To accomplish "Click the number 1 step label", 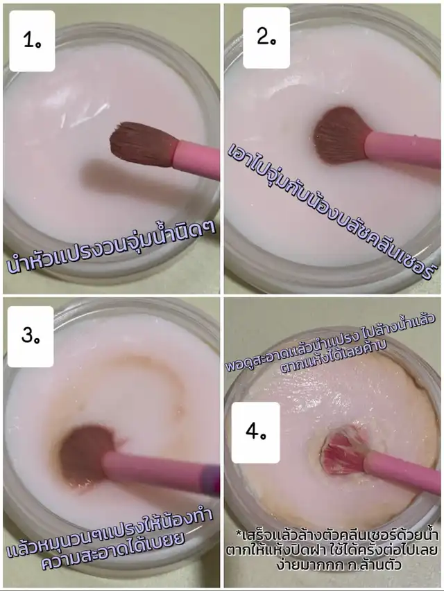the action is tap(32, 41).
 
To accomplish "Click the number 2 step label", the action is tap(266, 37).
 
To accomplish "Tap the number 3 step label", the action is tap(31, 336).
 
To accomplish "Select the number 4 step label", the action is tap(255, 432).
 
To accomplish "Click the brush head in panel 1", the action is tap(144, 144).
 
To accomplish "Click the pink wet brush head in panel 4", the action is tap(343, 450).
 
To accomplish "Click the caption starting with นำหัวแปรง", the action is tap(112, 247).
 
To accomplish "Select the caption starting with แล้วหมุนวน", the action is tap(110, 538).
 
